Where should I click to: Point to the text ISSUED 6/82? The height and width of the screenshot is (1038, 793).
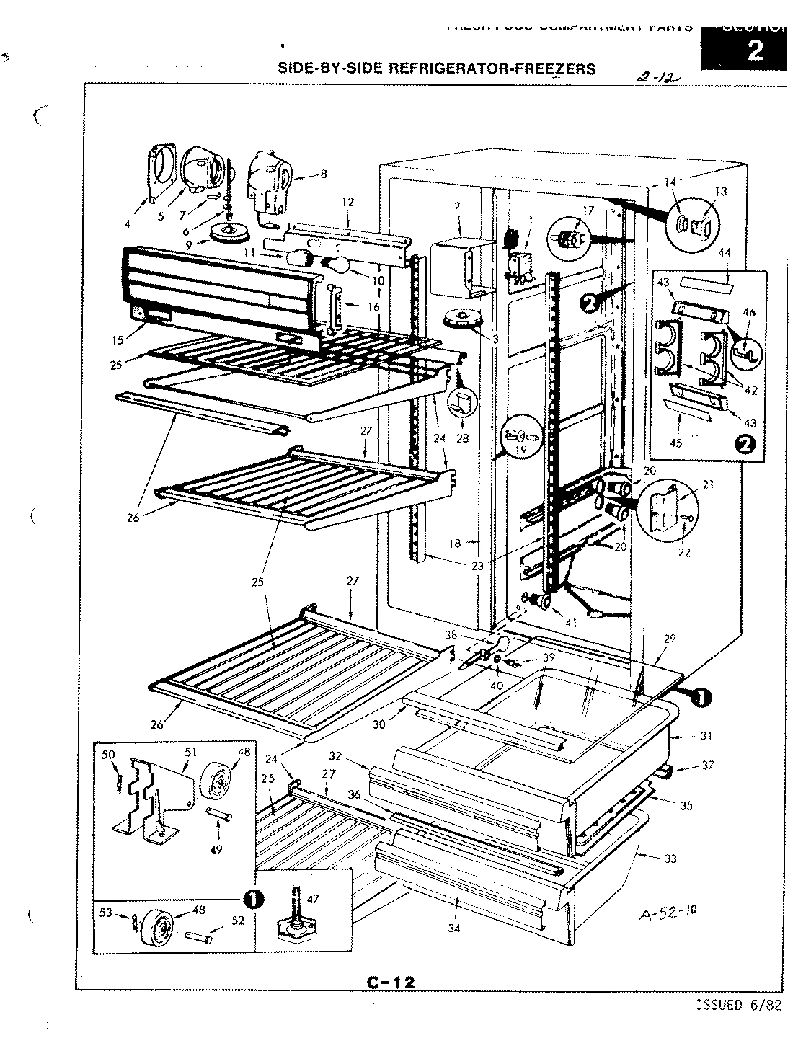click(x=738, y=1006)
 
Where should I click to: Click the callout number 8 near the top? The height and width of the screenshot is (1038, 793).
click(x=323, y=173)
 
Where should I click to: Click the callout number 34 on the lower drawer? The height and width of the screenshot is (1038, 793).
click(x=453, y=928)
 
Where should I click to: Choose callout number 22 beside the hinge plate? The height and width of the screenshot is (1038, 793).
click(x=684, y=553)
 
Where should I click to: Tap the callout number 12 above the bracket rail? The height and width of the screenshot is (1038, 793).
click(x=348, y=202)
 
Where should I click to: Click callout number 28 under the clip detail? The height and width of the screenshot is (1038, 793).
click(x=462, y=438)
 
